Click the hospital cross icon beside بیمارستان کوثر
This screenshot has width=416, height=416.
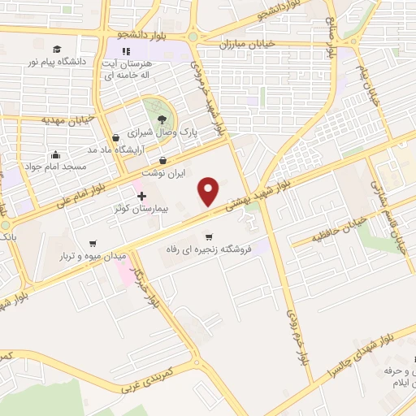pyautogui.click(x=142, y=196)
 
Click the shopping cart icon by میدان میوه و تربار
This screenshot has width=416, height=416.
pyautogui.click(x=93, y=242)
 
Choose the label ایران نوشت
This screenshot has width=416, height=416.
pyautogui.click(x=163, y=174)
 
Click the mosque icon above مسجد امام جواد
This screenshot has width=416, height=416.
pyautogui.click(x=55, y=155)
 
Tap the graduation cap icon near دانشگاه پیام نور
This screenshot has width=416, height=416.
pyautogui.click(x=57, y=49)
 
